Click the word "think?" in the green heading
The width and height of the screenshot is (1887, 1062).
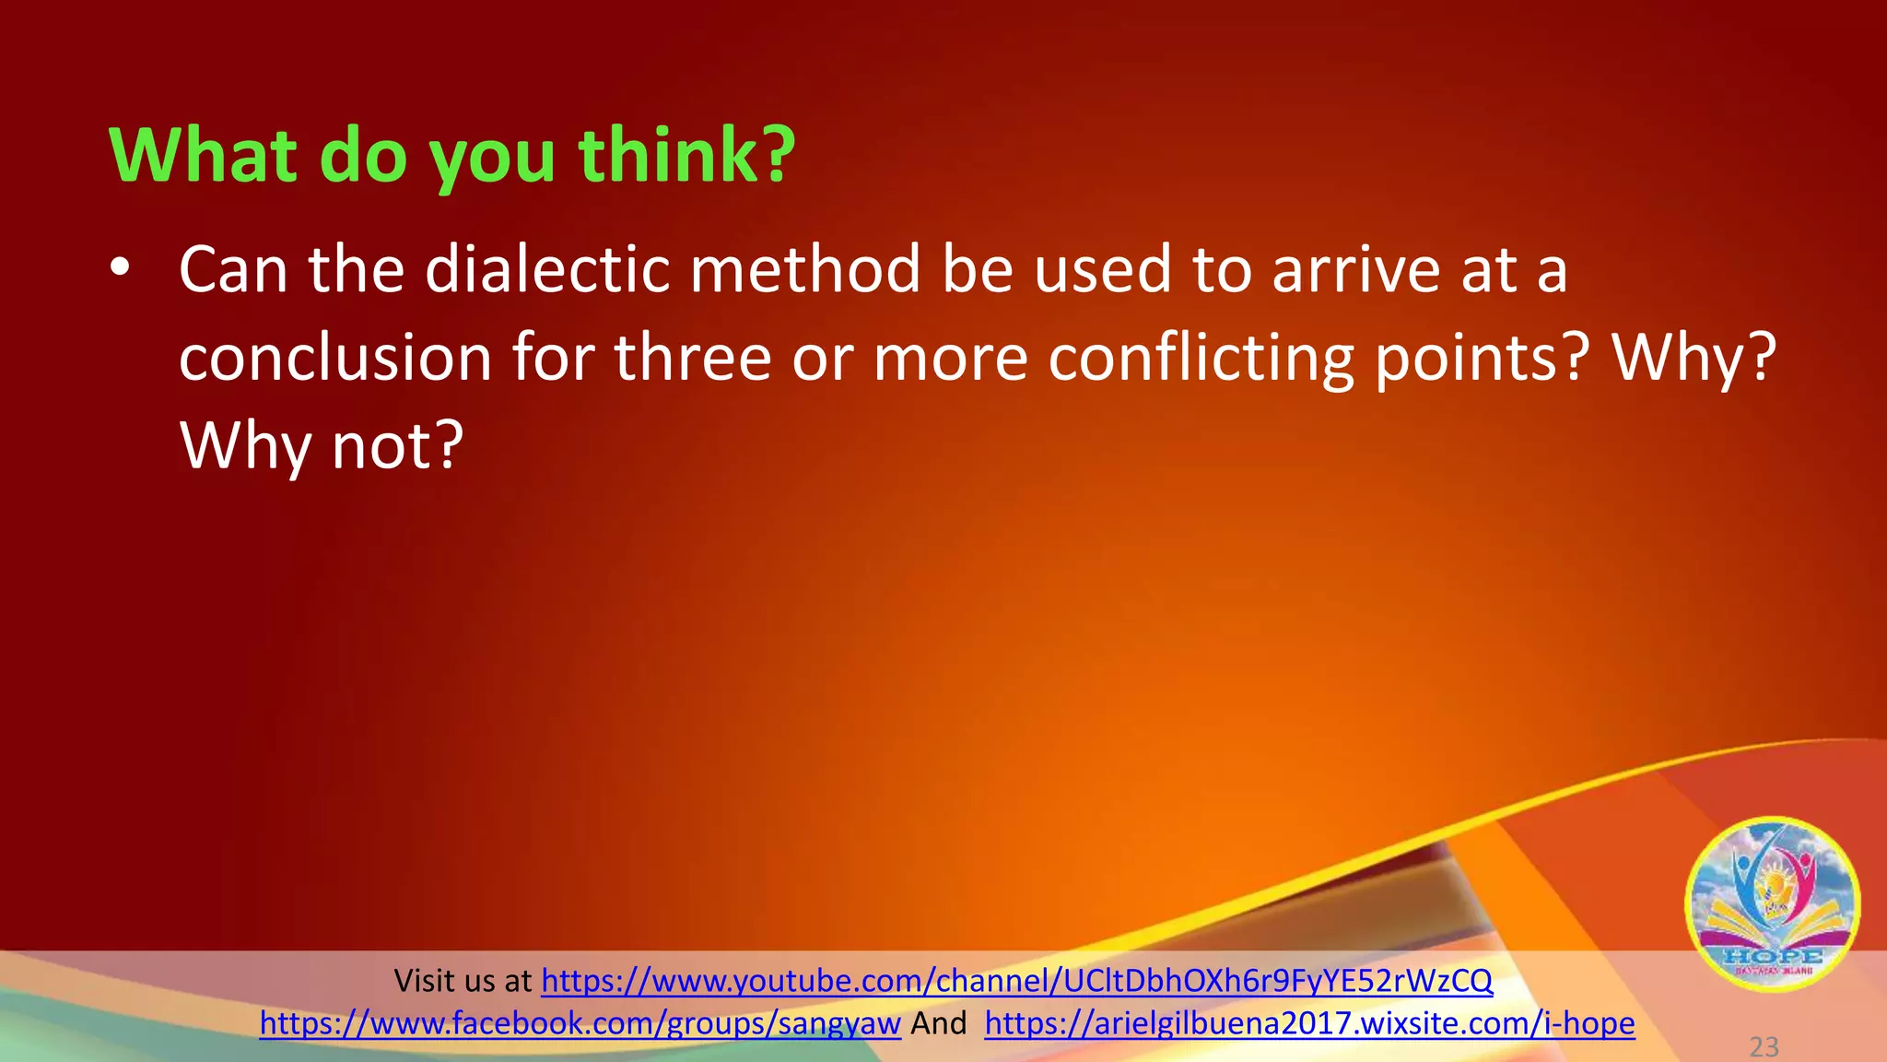point(686,155)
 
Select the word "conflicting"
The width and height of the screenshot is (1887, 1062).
point(1201,360)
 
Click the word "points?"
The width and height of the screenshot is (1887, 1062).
point(1483,360)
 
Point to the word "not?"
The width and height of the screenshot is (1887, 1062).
point(397,446)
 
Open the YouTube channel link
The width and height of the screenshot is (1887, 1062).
point(1016,980)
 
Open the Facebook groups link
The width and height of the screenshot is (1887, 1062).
point(580,1023)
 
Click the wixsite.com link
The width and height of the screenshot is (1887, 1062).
point(1309,1023)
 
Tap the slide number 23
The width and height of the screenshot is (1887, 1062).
point(1764,1046)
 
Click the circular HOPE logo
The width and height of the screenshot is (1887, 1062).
point(1772,903)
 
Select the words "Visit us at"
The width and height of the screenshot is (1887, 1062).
point(463,980)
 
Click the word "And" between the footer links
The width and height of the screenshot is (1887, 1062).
point(939,1023)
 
